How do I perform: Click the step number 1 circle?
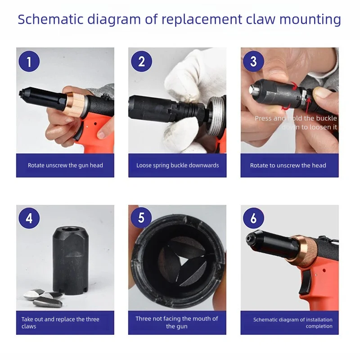click(29, 61)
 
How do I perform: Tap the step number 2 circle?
click(141, 61)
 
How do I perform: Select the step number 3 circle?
click(253, 61)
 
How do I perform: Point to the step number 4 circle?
click(29, 218)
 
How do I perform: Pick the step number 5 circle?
click(141, 217)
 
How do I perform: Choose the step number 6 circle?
click(253, 218)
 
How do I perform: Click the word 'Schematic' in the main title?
click(50, 19)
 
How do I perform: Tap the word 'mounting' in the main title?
click(310, 20)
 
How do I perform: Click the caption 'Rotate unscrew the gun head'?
click(65, 165)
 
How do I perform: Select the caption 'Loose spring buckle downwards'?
click(177, 165)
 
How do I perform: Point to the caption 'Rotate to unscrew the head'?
click(288, 165)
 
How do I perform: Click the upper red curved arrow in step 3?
click(294, 85)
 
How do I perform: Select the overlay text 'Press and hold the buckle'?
click(296, 118)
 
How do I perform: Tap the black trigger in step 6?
click(305, 282)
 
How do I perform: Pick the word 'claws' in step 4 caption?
click(29, 327)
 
